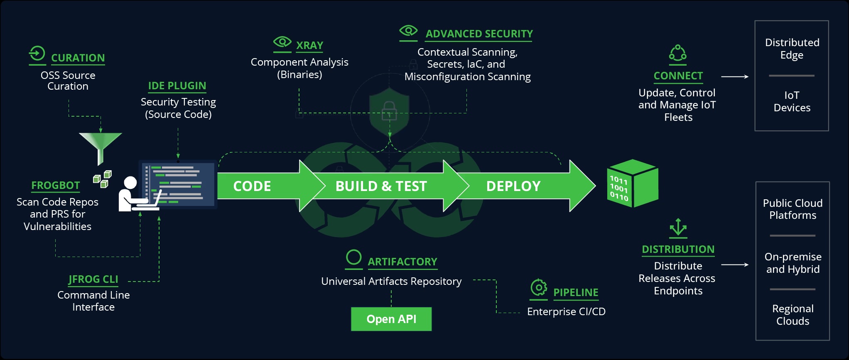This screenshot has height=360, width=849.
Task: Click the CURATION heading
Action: coord(78,58)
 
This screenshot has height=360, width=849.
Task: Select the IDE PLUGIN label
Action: coord(177,86)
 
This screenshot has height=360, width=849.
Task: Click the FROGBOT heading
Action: coord(56,185)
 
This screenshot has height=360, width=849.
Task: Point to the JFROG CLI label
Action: coord(93,279)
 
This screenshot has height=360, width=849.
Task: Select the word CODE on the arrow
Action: coord(252,186)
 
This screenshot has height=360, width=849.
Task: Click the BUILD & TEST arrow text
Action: coord(381,186)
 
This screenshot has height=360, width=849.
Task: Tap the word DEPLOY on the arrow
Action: coord(513,186)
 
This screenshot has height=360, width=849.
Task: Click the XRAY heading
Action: coord(309,45)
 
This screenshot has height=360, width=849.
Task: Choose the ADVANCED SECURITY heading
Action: coord(479,34)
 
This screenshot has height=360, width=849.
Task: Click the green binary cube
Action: coord(632,183)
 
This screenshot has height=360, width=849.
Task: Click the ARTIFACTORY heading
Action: coord(402,262)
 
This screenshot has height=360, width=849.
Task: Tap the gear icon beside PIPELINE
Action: coord(539,287)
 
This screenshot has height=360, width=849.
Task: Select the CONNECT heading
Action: coord(678,76)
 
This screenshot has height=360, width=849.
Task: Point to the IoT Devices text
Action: coord(792,101)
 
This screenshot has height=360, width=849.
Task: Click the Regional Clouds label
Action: coord(793,315)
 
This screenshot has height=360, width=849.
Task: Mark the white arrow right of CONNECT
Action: coord(735,77)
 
